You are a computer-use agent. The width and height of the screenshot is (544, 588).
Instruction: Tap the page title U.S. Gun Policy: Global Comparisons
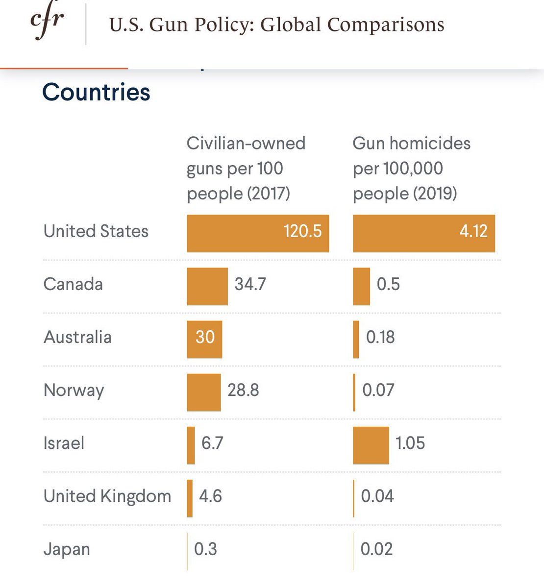tap(276, 24)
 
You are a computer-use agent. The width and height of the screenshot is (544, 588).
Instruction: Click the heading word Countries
tap(96, 92)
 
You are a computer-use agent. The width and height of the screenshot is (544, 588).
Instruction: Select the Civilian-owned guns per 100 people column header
tap(246, 168)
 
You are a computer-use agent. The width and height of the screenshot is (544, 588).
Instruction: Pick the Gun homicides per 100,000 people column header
tap(411, 168)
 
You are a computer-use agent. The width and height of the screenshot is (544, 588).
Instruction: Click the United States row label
tap(96, 231)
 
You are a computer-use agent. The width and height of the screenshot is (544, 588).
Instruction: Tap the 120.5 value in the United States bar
tap(302, 231)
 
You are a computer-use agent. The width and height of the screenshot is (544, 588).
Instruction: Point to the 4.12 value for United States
tap(473, 231)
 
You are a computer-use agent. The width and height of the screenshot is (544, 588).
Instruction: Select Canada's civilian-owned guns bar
tap(207, 286)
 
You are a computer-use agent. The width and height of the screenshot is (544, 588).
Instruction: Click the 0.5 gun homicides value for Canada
tap(388, 284)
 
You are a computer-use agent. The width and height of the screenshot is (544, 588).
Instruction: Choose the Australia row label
tap(77, 337)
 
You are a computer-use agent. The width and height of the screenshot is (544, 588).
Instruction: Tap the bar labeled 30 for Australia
tap(204, 339)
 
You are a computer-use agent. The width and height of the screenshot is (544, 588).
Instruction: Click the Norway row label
tap(74, 391)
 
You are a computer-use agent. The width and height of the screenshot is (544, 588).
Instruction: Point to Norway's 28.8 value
tap(243, 391)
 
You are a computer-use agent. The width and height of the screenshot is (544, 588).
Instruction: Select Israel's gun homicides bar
tap(371, 445)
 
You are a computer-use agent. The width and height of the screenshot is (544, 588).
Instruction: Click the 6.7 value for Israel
tap(212, 443)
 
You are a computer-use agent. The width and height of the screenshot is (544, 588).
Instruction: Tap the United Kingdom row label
tap(107, 496)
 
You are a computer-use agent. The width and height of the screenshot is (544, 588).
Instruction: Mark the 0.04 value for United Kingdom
tap(377, 496)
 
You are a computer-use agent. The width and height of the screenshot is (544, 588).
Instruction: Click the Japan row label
tap(67, 549)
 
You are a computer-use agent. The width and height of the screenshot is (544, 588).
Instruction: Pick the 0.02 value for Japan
tap(376, 549)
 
